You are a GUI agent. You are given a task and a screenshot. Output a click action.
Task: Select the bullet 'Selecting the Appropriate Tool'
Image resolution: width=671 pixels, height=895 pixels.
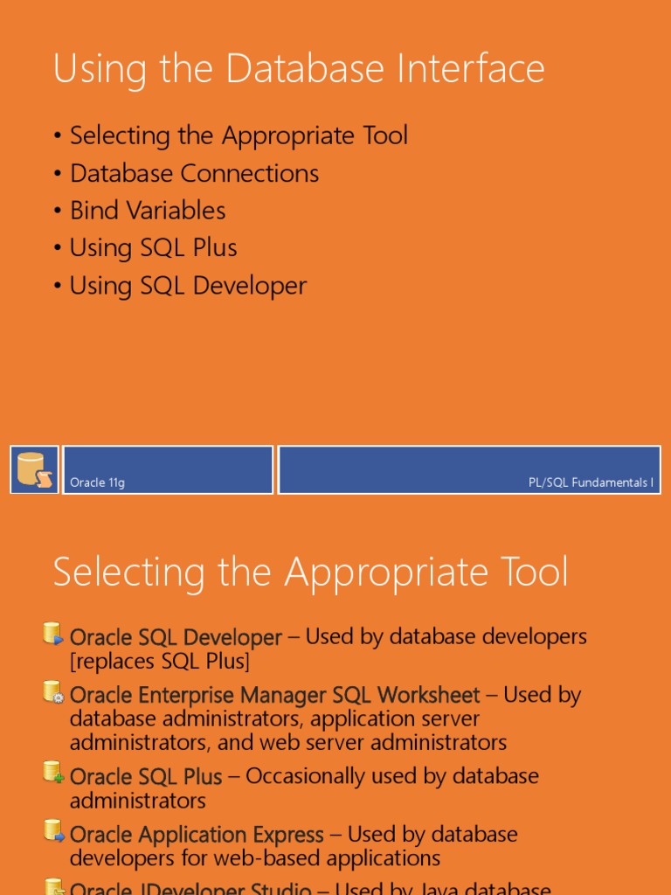coord(239,135)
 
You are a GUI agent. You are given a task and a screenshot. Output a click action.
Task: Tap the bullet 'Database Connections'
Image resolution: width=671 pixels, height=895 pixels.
coord(194,173)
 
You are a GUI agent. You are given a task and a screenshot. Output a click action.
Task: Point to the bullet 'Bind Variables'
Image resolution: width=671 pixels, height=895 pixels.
coord(148,211)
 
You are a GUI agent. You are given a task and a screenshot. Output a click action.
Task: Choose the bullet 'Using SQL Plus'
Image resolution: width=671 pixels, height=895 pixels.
coord(153,248)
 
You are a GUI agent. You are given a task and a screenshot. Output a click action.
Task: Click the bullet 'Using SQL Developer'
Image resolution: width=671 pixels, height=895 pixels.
coord(188,286)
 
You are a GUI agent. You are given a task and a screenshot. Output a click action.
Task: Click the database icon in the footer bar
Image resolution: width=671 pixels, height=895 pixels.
coord(35,469)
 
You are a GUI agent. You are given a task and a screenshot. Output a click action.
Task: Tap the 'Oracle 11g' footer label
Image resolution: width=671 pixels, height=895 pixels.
coord(97,482)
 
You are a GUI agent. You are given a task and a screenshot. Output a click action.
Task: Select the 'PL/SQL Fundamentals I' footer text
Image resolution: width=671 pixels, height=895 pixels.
coord(591,482)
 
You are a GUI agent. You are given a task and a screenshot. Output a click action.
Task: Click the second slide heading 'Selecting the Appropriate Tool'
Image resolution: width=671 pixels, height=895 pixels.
coord(310,572)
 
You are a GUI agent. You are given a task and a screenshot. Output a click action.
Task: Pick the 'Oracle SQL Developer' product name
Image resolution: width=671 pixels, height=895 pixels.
coord(176,638)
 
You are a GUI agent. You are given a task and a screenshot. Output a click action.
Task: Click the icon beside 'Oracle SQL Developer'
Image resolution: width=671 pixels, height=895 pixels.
coord(53,635)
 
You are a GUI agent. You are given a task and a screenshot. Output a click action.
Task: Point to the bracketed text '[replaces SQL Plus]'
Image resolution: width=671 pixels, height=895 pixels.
coord(160,662)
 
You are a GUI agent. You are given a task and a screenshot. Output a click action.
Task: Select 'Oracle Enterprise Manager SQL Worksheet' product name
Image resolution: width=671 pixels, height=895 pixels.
coord(274,696)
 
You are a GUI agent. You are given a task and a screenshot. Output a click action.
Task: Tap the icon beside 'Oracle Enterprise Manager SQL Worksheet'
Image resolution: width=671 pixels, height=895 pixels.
coord(53,693)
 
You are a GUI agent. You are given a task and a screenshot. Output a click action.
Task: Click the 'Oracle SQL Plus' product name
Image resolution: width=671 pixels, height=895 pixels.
coord(146,776)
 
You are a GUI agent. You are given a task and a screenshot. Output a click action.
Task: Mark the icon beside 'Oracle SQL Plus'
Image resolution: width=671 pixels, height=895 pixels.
coord(53,773)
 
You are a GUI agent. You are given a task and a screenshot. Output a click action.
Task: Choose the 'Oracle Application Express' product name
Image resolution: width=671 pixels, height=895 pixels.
coord(197,835)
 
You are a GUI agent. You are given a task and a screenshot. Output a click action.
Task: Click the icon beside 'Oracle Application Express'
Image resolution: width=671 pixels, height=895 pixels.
coord(53,831)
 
